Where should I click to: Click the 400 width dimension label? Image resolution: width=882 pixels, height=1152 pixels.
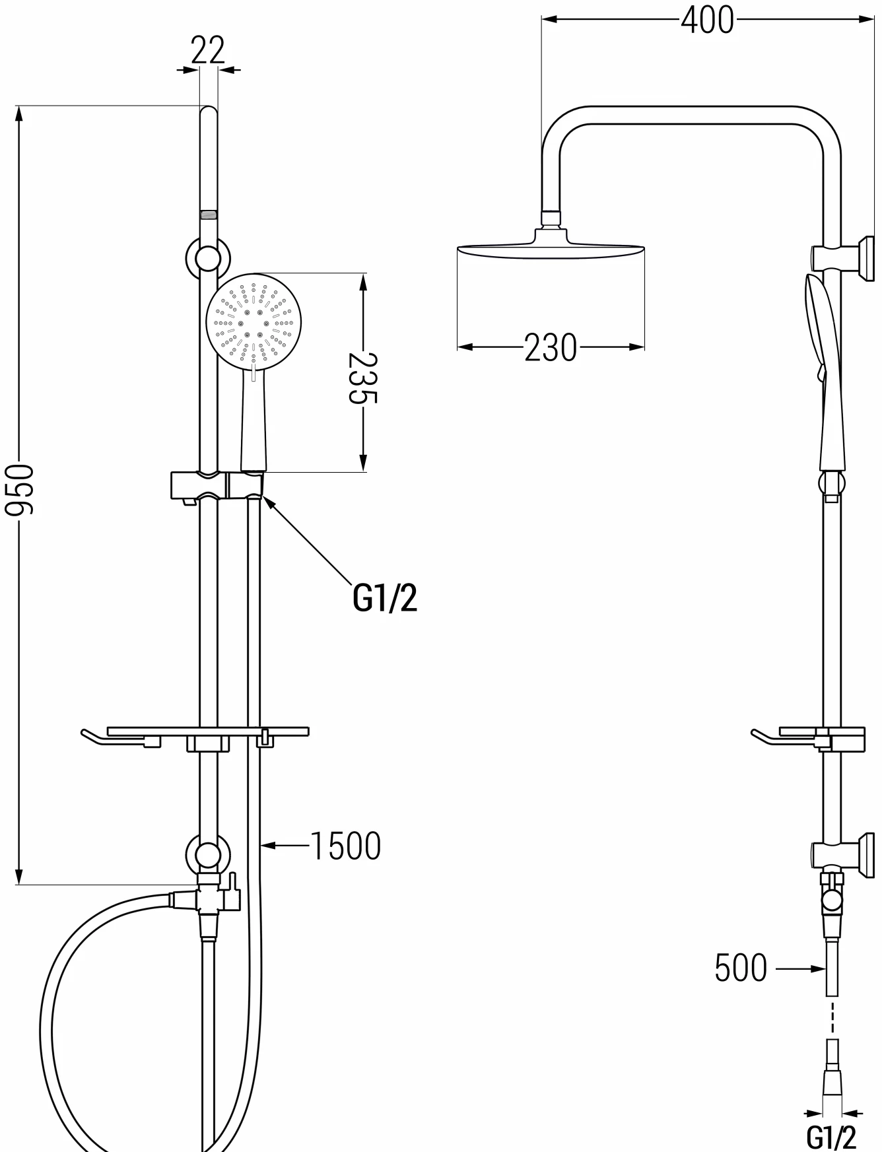tap(707, 20)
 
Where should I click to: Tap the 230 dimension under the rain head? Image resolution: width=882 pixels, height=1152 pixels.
tap(551, 348)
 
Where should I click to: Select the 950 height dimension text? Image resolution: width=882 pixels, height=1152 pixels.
tap(18, 489)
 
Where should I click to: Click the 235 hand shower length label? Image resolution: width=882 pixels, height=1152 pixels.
tap(362, 378)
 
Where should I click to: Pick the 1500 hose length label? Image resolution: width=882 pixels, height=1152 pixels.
tap(345, 846)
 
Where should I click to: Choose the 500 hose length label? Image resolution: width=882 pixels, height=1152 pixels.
tap(741, 968)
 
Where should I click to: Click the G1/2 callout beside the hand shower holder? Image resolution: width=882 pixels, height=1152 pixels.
tap(386, 598)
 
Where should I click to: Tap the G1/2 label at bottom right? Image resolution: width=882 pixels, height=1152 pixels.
tap(831, 1137)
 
